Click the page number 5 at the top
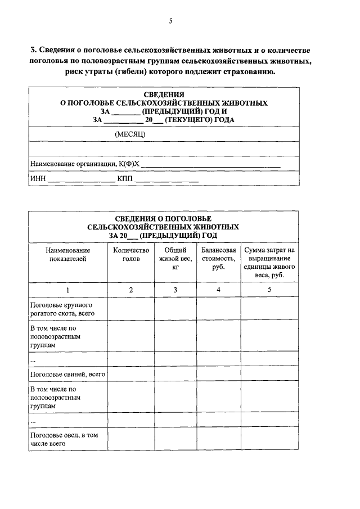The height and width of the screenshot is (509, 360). pyautogui.click(x=171, y=21)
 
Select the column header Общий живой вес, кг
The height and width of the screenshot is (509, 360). pyautogui.click(x=175, y=259)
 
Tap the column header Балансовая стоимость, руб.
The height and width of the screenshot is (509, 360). pyautogui.click(x=218, y=259)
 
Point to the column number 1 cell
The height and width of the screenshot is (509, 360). pyautogui.click(x=67, y=290)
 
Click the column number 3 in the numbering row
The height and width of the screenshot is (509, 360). pyautogui.click(x=175, y=290)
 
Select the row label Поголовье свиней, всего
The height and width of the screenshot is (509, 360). pyautogui.click(x=67, y=373)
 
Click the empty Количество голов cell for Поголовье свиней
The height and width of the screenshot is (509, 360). pyautogui.click(x=130, y=373)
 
